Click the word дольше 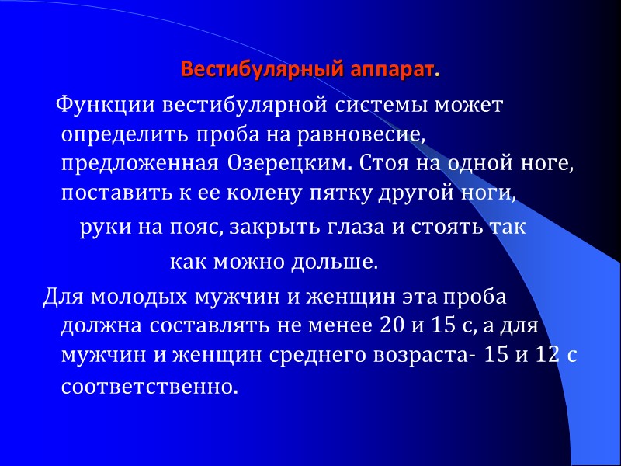click(340, 263)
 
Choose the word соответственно click(147, 385)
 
